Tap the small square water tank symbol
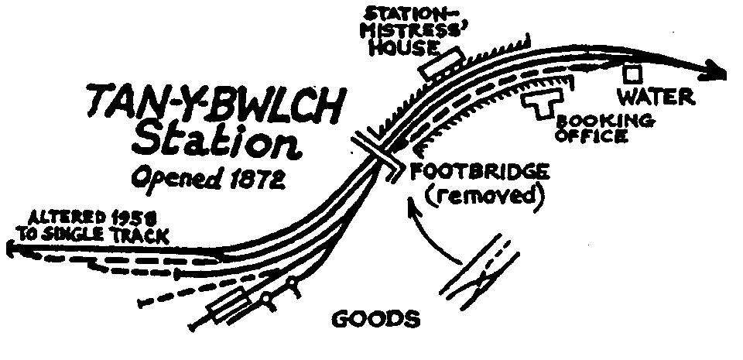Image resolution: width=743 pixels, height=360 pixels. point(633,74)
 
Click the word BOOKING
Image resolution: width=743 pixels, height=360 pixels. point(606,121)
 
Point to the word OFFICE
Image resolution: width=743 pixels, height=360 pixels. point(593,136)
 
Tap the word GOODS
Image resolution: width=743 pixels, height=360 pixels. point(376,318)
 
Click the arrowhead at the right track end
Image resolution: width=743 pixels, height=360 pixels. point(716,73)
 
